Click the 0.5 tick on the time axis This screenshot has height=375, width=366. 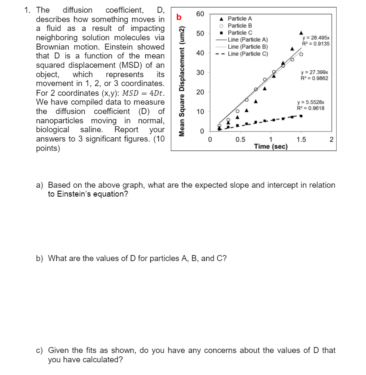click(x=240, y=140)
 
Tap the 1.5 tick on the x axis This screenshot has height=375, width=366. click(x=300, y=140)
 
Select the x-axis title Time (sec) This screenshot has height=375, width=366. click(x=271, y=147)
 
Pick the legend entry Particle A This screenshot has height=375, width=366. click(x=240, y=19)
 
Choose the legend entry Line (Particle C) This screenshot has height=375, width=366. click(x=248, y=53)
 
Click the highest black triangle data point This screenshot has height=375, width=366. click(x=301, y=33)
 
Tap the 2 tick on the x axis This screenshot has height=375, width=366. click(x=331, y=140)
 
